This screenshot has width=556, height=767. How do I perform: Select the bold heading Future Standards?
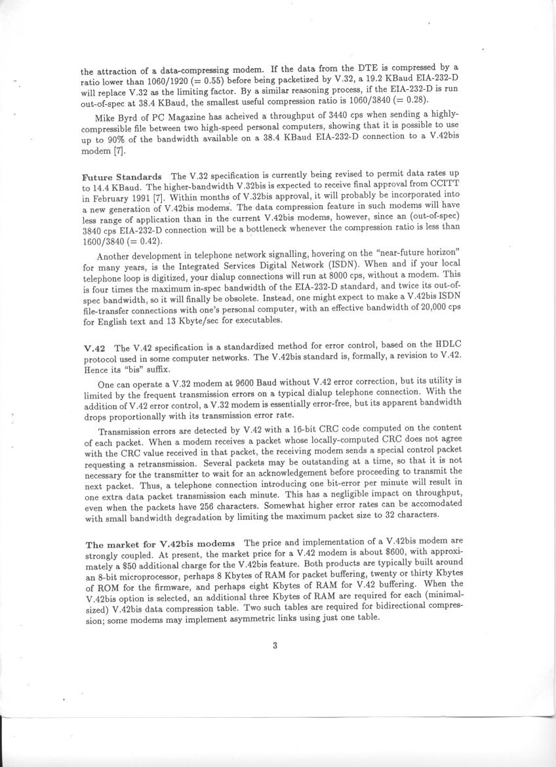coord(122,177)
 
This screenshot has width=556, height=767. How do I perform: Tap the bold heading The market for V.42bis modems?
coord(161,543)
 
